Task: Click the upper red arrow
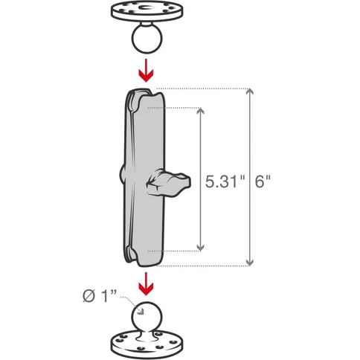(147, 72)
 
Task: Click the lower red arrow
(147, 283)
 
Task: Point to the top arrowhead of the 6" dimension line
(248, 94)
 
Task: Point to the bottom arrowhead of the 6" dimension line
(248, 261)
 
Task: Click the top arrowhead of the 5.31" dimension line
(199, 111)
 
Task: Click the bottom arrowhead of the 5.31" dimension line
(199, 246)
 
